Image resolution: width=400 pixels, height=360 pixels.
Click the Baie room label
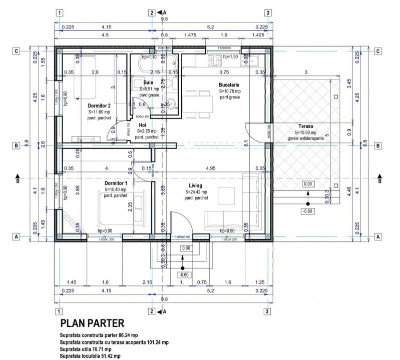click(148, 82)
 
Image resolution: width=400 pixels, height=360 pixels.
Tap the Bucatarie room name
click(230, 85)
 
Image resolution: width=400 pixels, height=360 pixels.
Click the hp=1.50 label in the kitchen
click(230, 57)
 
